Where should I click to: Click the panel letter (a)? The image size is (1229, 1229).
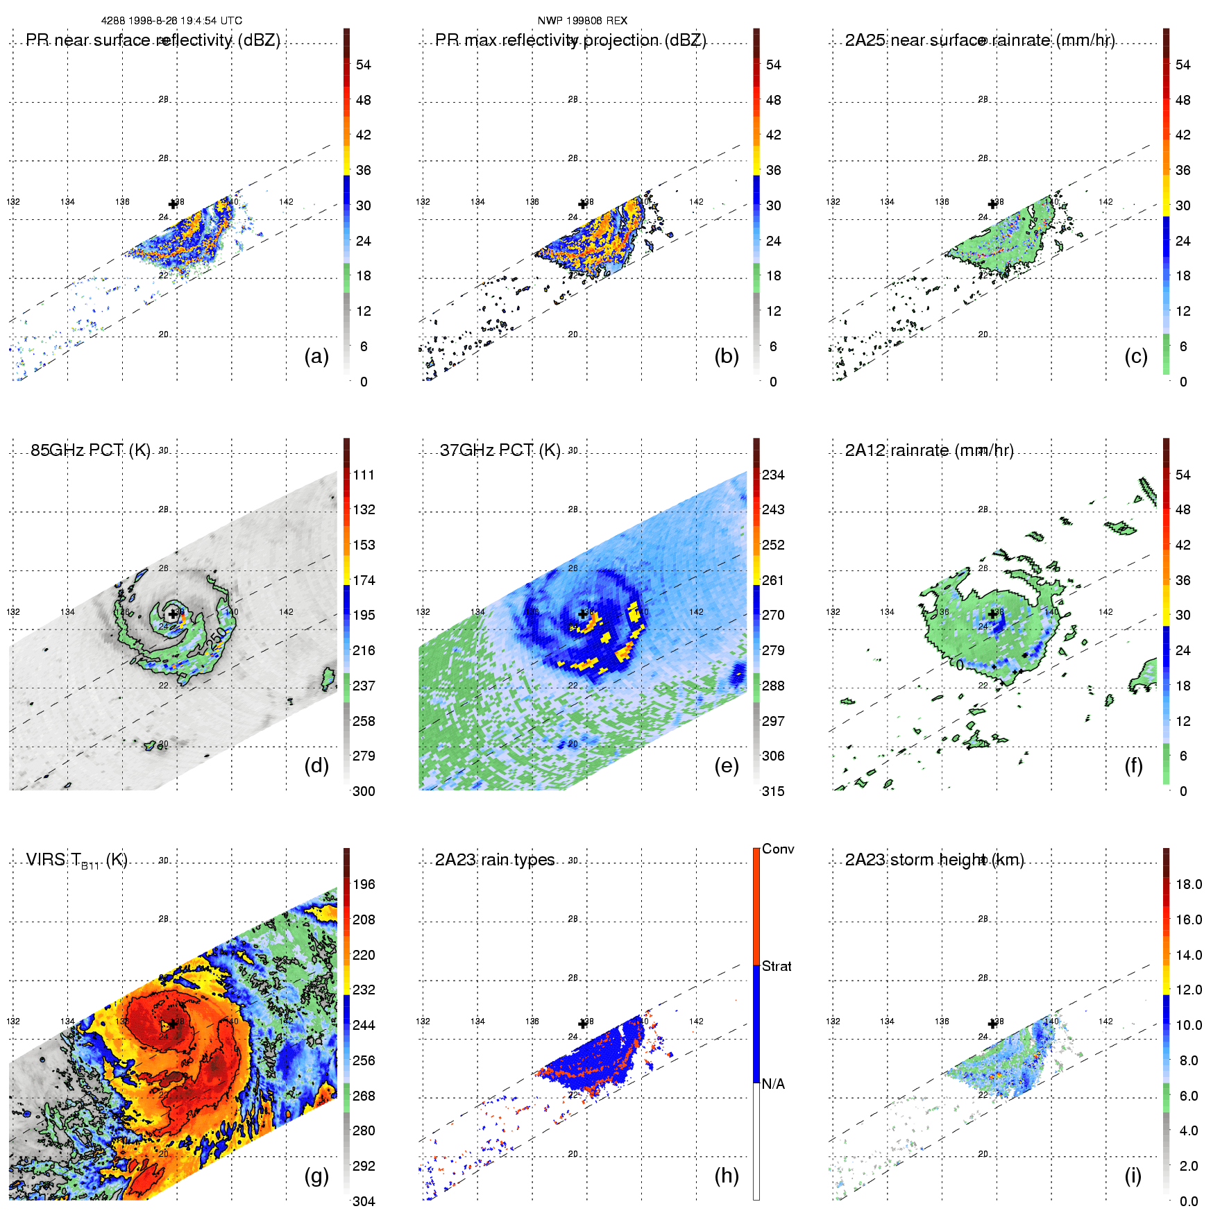pos(316,357)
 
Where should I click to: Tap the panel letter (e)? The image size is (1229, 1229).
pos(727,766)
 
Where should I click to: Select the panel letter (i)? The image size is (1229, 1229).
pos(1133,1176)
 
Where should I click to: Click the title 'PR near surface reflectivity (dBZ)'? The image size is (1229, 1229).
pos(153,40)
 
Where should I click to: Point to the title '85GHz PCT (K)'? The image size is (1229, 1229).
pos(90,450)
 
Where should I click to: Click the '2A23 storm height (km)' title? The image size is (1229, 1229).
pos(934,860)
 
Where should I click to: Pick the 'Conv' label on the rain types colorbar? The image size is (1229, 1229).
pos(778,849)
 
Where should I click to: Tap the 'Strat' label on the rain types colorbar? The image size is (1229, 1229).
pos(777,967)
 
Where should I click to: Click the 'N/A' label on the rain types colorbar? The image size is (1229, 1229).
pos(773,1084)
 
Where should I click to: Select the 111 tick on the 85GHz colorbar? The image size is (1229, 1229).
pos(364,475)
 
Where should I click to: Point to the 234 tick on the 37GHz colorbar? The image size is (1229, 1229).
pos(773,475)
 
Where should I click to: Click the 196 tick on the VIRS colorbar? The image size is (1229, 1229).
pos(364,885)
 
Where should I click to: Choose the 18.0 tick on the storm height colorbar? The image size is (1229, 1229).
pos(1189,885)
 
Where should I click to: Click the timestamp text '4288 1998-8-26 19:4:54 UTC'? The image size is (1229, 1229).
pos(171,21)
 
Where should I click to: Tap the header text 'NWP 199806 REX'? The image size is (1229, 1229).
pos(582,21)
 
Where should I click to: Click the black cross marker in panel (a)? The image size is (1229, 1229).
pos(173,204)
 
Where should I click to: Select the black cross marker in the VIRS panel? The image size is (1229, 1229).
pos(173,1024)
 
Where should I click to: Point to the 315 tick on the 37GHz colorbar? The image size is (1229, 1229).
pos(773,792)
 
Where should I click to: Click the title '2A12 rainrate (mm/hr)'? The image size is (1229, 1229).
pos(929,450)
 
